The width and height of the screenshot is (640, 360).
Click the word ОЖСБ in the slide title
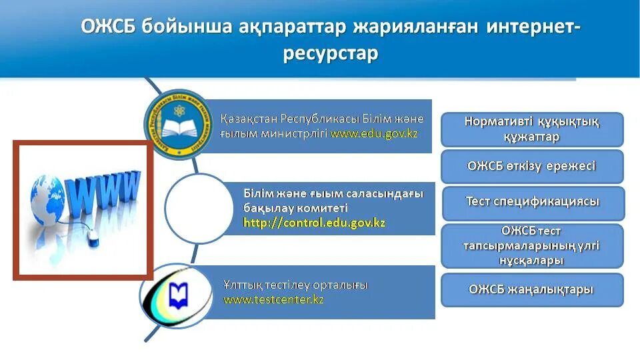pyautogui.click(x=108, y=27)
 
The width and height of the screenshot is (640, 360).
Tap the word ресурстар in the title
pyautogui.click(x=330, y=53)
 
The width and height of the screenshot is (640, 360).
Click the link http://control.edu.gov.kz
pyautogui.click(x=314, y=223)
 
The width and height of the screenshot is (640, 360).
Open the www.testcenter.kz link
pyautogui.click(x=273, y=299)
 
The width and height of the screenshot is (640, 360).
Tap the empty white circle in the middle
pyautogui.click(x=197, y=209)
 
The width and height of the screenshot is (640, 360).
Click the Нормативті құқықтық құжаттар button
pyautogui.click(x=531, y=129)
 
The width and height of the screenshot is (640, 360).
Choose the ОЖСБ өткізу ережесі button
pyautogui.click(x=531, y=167)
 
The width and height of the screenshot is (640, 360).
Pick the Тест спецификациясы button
pyautogui.click(x=533, y=202)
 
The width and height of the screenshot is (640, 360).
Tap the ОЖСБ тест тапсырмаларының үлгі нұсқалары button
pyautogui.click(x=531, y=246)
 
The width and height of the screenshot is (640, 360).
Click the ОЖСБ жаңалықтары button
pyautogui.click(x=531, y=289)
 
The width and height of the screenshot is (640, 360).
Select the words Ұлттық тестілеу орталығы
pyautogui.click(x=295, y=285)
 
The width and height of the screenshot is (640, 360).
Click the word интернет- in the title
pyautogui.click(x=534, y=27)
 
